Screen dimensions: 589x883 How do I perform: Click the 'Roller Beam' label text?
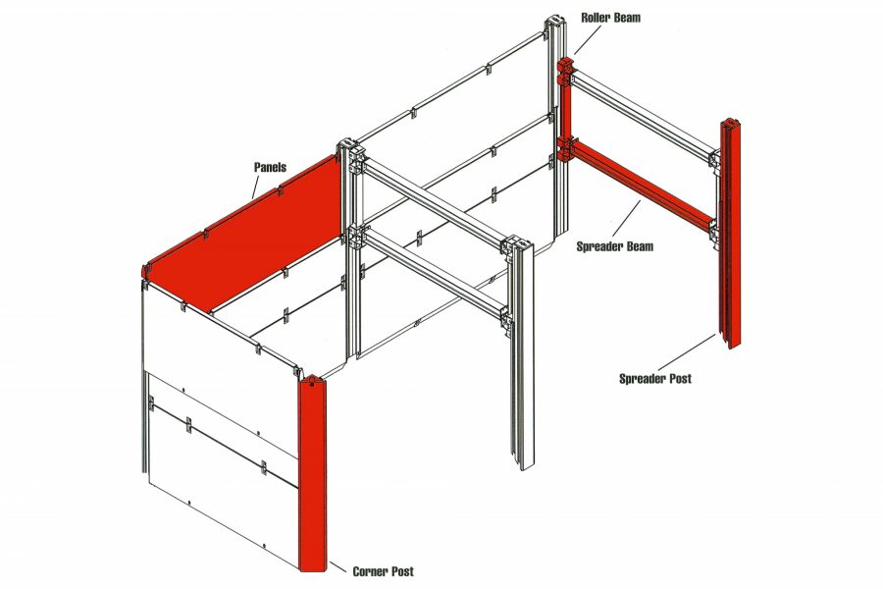click(610, 17)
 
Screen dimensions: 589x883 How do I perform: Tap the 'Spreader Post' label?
click(654, 378)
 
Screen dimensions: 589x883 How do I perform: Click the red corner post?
click(311, 471)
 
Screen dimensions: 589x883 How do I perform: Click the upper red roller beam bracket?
click(564, 72)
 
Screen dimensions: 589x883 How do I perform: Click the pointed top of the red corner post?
click(310, 377)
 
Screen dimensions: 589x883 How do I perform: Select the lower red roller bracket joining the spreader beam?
click(565, 149)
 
